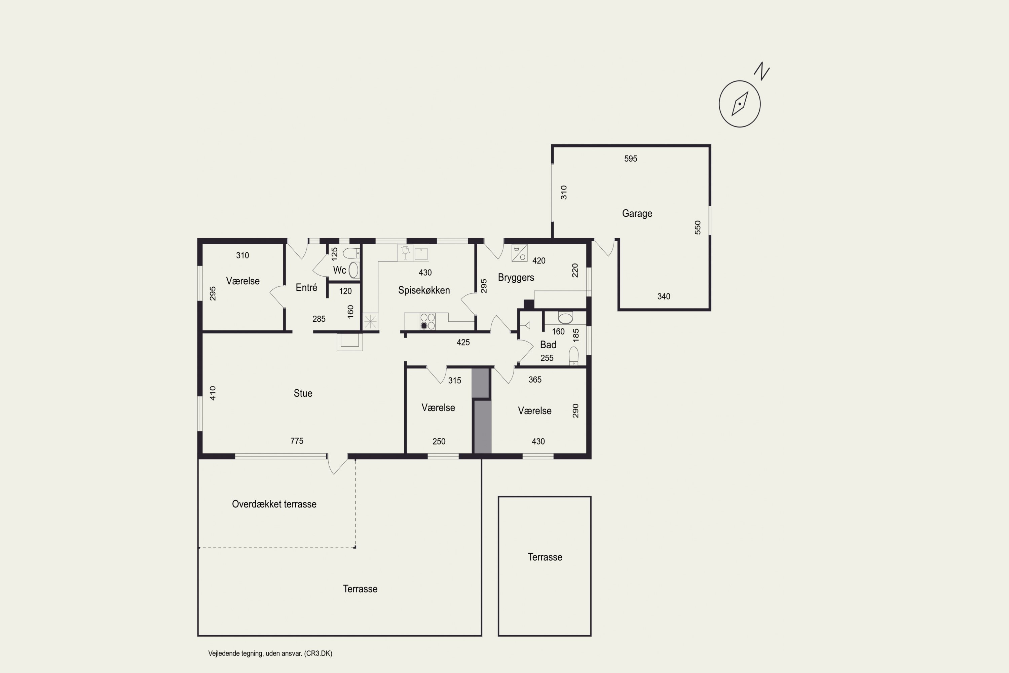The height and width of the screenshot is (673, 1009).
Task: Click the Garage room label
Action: [637, 213]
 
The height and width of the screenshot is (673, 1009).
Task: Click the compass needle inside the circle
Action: [740, 103]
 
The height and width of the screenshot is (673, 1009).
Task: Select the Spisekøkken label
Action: [424, 290]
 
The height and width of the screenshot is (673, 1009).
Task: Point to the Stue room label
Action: [303, 393]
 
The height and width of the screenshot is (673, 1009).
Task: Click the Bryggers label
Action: [516, 278]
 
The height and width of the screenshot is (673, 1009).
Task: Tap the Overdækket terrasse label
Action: [274, 504]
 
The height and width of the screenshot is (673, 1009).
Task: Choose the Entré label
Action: [306, 288]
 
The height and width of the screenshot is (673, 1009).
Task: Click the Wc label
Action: [339, 270]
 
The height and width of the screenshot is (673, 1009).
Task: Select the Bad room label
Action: [548, 345]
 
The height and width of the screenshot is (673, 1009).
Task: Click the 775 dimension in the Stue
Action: [297, 441]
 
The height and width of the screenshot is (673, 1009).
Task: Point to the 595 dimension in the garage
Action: [631, 159]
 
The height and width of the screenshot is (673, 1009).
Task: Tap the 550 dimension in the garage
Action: [698, 227]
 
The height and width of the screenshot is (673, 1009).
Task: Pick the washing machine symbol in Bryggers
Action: [520, 253]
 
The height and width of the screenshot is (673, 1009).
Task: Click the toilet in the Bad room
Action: [573, 356]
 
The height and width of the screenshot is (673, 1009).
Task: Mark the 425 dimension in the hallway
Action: [463, 343]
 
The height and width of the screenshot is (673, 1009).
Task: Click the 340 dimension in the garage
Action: [664, 296]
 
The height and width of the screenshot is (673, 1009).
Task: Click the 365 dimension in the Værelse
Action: [535, 380]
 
